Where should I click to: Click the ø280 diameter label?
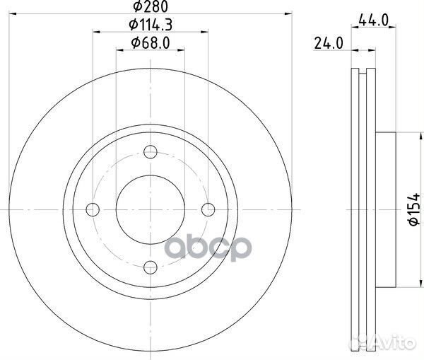(x=151, y=6)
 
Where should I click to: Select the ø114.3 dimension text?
(x=151, y=25)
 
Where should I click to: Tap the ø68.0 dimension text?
(x=151, y=43)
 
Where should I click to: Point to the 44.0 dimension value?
(x=373, y=21)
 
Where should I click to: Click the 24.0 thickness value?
(x=329, y=43)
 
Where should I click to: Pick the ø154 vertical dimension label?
(x=414, y=209)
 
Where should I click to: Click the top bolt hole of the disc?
(x=151, y=152)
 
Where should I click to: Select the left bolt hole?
(x=93, y=209)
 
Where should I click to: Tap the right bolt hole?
(x=208, y=209)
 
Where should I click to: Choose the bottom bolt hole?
(x=151, y=267)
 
